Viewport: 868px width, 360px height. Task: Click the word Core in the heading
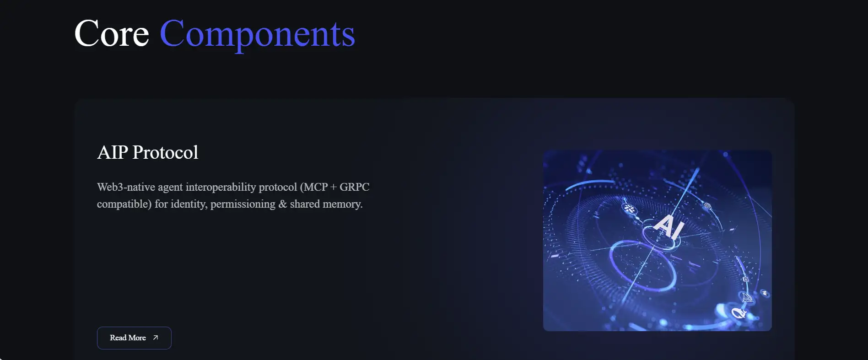[x=112, y=33]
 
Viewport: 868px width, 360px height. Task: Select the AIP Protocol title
[x=147, y=152]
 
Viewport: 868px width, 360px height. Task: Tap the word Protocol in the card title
[x=165, y=152]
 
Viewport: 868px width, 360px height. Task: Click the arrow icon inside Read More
[x=156, y=338]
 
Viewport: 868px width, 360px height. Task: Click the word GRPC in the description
[x=354, y=187]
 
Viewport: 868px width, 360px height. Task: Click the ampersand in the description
[x=282, y=204]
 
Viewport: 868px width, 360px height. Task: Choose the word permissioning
[x=243, y=204]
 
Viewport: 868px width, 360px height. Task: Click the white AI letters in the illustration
[x=669, y=226]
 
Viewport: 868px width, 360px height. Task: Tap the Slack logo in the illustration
[x=630, y=209]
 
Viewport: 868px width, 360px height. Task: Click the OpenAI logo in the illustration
[x=707, y=205]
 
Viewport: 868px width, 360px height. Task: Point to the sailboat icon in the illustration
[x=747, y=297]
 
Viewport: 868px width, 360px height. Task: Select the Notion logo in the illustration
[x=745, y=279]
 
